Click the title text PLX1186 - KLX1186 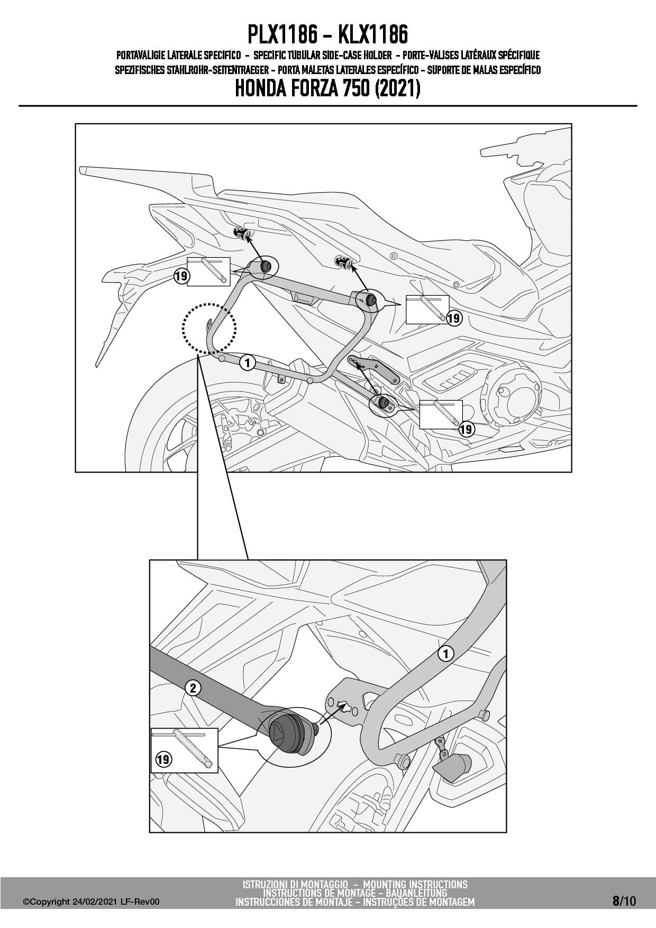point(328,35)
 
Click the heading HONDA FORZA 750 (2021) point(328,88)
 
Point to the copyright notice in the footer point(91,902)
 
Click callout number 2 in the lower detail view point(193,688)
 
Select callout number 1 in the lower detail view point(446,654)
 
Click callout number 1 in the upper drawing point(247,363)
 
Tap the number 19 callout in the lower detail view point(164,760)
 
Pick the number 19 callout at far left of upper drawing point(181,276)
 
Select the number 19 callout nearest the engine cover point(466,429)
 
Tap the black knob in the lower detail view point(288,733)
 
